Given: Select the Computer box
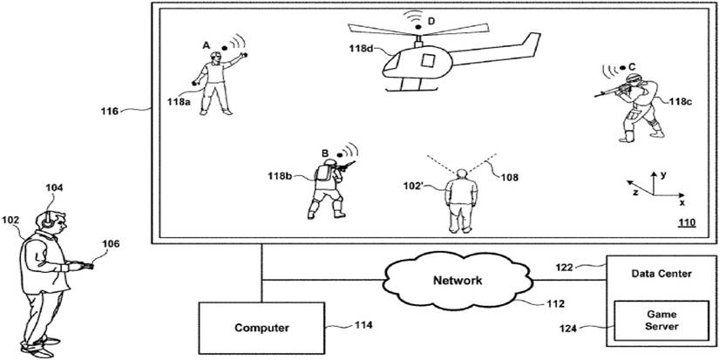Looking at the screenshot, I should click(x=261, y=328).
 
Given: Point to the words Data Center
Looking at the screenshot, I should click(x=661, y=274).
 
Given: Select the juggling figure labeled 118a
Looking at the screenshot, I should click(x=215, y=83).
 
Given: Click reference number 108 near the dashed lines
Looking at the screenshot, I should click(x=509, y=178).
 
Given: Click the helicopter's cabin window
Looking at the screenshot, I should click(x=427, y=60).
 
